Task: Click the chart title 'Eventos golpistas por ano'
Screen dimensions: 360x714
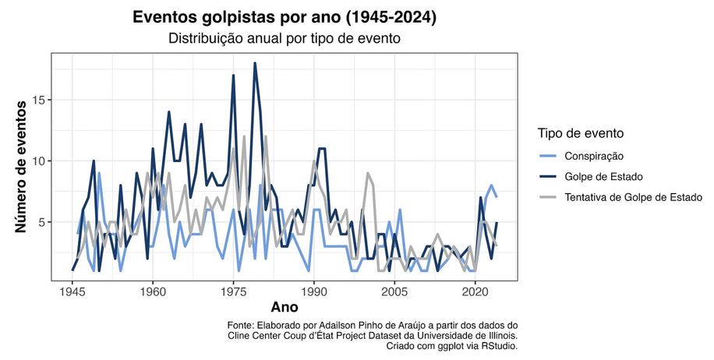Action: point(285,17)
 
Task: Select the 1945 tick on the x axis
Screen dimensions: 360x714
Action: point(72,291)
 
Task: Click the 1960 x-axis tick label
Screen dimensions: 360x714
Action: point(153,291)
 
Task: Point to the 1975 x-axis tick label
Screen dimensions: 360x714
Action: point(233,291)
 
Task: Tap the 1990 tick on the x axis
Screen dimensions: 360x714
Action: point(314,291)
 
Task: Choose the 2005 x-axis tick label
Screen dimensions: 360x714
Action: point(394,291)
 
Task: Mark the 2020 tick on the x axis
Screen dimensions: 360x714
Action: point(475,291)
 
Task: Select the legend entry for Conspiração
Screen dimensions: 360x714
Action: point(596,156)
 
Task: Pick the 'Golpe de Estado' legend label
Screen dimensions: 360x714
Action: point(604,176)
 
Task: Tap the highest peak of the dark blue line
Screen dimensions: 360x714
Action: point(255,64)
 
